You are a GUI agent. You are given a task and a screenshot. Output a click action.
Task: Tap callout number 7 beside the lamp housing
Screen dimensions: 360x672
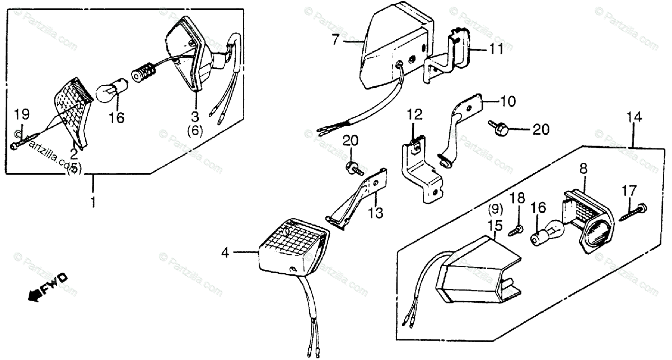335,40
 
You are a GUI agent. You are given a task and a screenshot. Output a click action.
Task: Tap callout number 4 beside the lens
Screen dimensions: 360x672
225,253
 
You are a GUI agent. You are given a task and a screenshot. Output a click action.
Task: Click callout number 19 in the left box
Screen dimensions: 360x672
21,115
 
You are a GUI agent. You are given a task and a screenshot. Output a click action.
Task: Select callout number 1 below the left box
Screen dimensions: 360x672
94,200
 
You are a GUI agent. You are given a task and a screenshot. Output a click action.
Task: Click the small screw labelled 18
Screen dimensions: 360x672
516,228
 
